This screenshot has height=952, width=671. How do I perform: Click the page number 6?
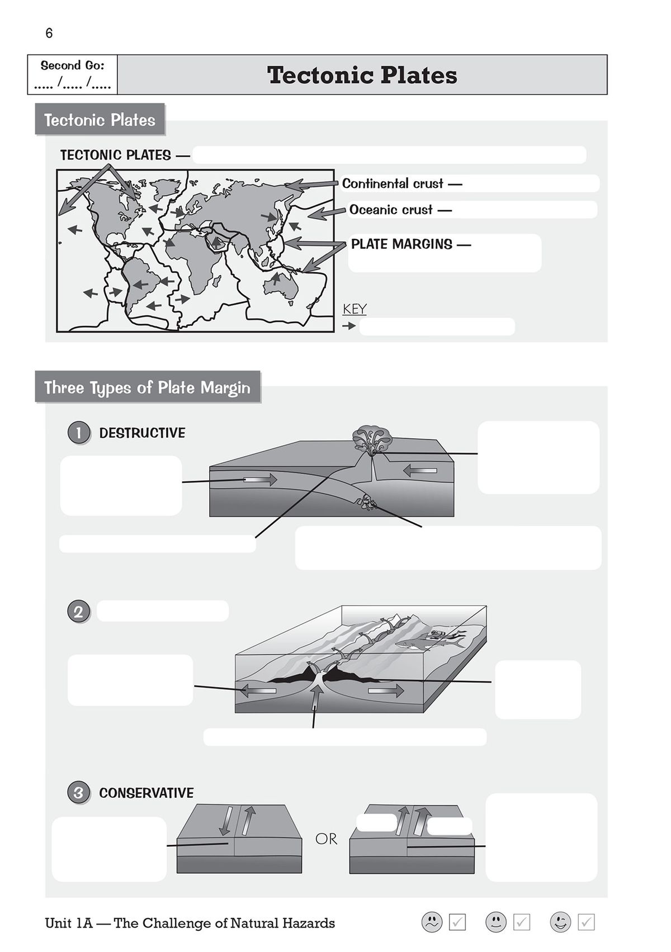(x=49, y=34)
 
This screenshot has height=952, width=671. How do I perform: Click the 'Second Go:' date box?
(x=73, y=75)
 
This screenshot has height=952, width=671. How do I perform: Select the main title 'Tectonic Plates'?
(x=362, y=75)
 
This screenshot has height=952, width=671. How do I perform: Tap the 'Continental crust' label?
(x=393, y=184)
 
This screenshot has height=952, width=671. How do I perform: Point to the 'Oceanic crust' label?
(x=391, y=210)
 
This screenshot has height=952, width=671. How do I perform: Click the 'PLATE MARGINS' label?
(x=401, y=244)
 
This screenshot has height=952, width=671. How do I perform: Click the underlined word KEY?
(x=355, y=309)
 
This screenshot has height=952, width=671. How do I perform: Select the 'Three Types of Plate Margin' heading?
(x=147, y=387)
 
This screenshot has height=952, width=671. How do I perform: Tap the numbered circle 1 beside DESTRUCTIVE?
(x=79, y=433)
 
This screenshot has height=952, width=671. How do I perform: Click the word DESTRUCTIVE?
(x=142, y=433)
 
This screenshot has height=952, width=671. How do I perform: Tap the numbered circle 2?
(x=79, y=612)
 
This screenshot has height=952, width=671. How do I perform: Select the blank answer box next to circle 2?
(x=163, y=611)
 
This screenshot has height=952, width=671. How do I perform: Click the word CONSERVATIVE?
(x=146, y=793)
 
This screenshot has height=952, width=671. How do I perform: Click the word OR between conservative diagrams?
(x=326, y=839)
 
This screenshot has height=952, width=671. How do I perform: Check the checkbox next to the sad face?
(x=457, y=922)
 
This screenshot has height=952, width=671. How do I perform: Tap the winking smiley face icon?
(x=560, y=922)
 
